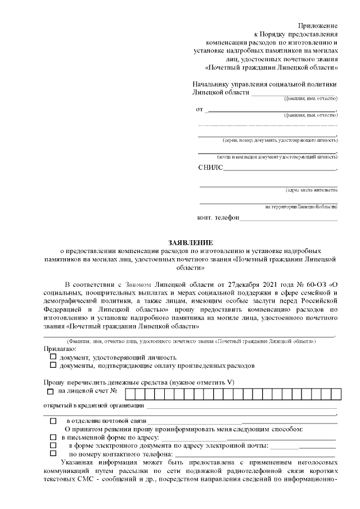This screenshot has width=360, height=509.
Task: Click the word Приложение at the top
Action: coord(318,26)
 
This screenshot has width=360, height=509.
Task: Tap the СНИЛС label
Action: coord(210,167)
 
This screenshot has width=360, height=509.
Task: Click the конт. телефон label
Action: coord(218,218)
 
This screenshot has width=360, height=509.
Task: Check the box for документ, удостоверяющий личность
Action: coord(53,357)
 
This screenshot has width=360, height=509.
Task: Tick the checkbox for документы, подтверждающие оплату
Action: coord(53,365)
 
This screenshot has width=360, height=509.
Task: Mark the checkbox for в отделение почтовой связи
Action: coord(53,421)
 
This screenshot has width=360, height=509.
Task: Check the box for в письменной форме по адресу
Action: coord(53,437)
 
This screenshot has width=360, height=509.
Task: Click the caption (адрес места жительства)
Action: coord(311,190)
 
